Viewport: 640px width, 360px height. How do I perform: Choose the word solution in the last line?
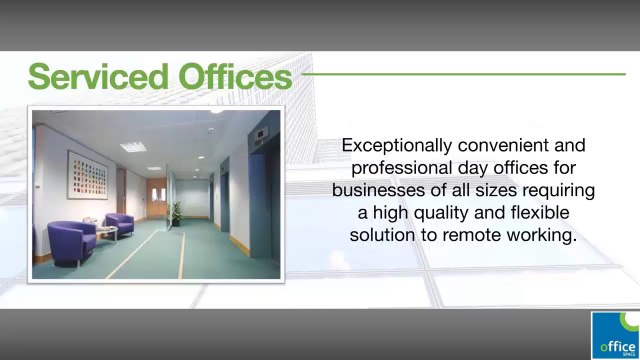pos(382,234)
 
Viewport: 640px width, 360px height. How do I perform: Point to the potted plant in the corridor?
pos(177,211)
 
